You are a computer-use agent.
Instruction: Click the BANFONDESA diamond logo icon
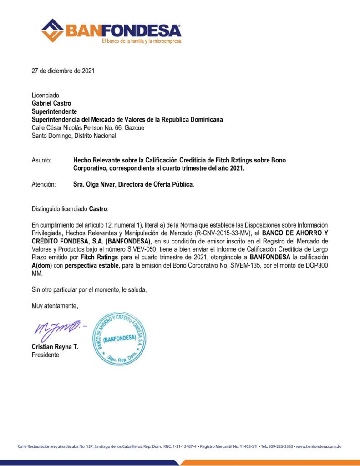coord(52,30)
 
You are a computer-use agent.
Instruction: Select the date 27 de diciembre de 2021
coord(63,71)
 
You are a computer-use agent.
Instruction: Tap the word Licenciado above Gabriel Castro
coord(46,96)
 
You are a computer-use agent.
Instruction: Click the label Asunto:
coord(41,160)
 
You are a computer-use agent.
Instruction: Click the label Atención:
coord(44,184)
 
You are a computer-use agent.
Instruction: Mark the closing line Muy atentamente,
coord(55,306)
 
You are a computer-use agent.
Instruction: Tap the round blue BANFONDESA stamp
coord(119,339)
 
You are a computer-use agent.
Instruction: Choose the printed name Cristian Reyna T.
coord(55,347)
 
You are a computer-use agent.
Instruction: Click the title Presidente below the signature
coord(45,355)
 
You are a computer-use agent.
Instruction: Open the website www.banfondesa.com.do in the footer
coord(319,447)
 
